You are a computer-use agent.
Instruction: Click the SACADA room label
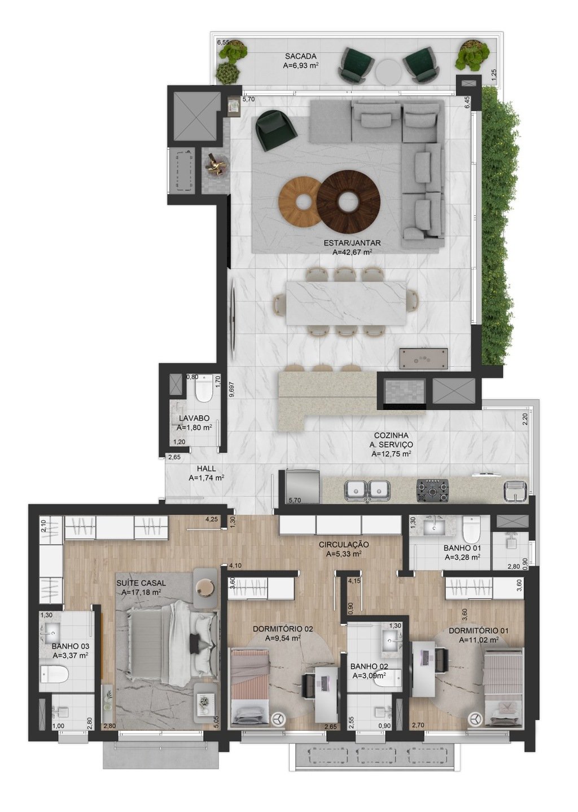tap(300, 56)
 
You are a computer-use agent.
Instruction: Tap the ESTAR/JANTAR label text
tap(353, 243)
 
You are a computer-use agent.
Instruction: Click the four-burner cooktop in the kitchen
tap(433, 490)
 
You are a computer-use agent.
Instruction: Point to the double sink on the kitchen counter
tap(367, 489)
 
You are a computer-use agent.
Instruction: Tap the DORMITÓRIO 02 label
tap(283, 629)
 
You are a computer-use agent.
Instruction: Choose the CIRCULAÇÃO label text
tap(344, 545)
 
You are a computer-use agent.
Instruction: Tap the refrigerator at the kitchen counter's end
tap(302, 486)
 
